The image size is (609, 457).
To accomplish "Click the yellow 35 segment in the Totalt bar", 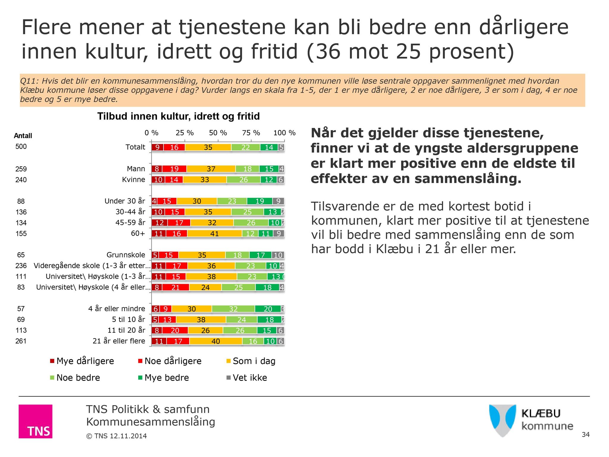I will pyautogui.click(x=208, y=147).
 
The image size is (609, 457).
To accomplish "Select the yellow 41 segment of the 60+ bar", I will pyautogui.click(x=214, y=234).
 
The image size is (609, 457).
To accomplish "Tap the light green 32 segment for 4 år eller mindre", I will pyautogui.click(x=233, y=309).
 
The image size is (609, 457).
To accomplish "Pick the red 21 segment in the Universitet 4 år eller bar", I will pyautogui.click(x=175, y=287).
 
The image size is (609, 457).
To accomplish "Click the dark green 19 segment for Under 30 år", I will pyautogui.click(x=260, y=201).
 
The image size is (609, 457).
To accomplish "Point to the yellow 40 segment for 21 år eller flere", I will pyautogui.click(x=216, y=341).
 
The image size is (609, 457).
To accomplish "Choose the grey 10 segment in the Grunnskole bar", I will pyautogui.click(x=278, y=255).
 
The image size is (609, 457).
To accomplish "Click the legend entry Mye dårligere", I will pyautogui.click(x=82, y=361).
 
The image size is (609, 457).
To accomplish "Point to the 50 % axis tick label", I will pyautogui.click(x=218, y=133).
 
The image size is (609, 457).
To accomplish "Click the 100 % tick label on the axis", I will pyautogui.click(x=284, y=133).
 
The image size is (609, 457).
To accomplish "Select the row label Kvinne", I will pyautogui.click(x=134, y=179).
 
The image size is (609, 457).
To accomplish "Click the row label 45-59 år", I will pyautogui.click(x=130, y=223).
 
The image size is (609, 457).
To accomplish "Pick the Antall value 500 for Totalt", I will pyautogui.click(x=21, y=146).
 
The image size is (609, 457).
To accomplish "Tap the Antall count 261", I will pyautogui.click(x=21, y=341).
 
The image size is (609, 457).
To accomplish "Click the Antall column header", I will pyautogui.click(x=23, y=136).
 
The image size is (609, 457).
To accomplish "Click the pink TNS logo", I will pyautogui.click(x=35, y=421).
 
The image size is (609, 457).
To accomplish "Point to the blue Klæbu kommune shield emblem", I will pyautogui.click(x=502, y=420).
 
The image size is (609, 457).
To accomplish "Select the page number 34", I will pyautogui.click(x=586, y=434).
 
